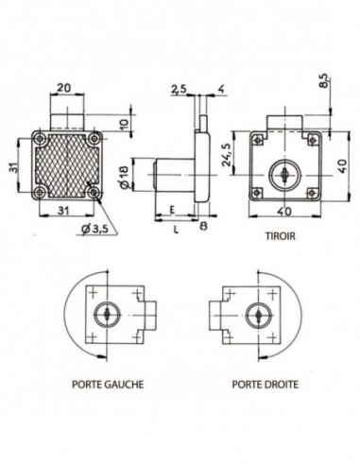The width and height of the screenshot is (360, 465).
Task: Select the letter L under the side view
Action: (x=177, y=229)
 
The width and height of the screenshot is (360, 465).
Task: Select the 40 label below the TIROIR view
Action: (x=281, y=214)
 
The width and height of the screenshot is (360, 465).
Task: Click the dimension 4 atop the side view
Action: (x=219, y=90)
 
